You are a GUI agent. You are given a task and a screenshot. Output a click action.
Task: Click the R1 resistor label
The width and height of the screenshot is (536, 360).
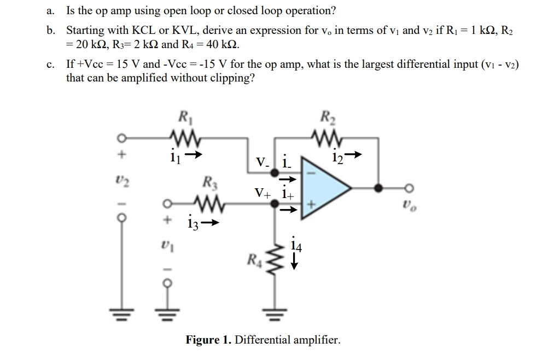(184, 117)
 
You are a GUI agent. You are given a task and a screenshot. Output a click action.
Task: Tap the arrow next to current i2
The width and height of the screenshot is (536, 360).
(356, 155)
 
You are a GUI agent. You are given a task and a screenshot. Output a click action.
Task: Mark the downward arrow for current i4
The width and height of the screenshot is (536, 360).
(294, 264)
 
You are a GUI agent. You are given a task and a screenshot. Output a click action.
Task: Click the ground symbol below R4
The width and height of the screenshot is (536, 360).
(273, 315)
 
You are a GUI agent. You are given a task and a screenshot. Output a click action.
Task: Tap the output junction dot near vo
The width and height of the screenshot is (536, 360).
(377, 188)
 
